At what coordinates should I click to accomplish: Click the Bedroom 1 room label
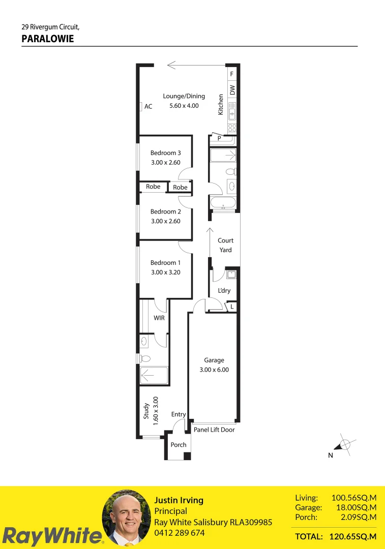point(165,263)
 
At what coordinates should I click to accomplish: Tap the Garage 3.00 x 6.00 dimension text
point(214,370)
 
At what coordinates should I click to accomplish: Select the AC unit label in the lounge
point(148,106)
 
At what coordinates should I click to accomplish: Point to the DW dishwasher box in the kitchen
point(232,89)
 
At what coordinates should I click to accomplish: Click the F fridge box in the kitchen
point(232,74)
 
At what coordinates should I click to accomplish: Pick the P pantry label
point(219,138)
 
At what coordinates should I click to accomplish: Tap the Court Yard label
point(225,245)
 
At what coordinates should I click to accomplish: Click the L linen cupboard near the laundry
point(231,307)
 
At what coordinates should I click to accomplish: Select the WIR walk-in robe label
point(159,318)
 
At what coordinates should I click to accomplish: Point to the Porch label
point(179,445)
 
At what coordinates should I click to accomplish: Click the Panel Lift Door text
point(214,430)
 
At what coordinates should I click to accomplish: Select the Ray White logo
point(52,535)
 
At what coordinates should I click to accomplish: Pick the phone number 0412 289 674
point(180,533)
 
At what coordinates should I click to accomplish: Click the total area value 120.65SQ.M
point(353,536)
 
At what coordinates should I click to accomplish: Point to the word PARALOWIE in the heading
point(48,39)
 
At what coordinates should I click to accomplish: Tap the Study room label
point(146,411)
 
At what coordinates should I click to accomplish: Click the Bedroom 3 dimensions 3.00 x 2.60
point(166,163)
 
